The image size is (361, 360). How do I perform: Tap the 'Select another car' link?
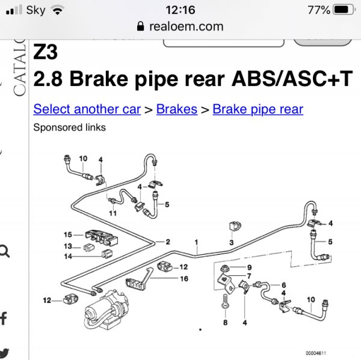87,109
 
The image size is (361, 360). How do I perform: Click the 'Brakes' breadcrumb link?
176,109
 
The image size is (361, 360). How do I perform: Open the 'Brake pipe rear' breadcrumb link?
258,109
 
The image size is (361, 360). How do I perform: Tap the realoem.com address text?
187,26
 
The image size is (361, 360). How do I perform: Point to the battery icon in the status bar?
344,10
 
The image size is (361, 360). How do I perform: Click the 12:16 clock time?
180,10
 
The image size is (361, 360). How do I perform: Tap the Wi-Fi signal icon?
57,10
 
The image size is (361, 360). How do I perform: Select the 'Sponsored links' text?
69,127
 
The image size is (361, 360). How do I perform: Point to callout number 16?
184,278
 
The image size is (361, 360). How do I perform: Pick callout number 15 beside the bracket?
68,234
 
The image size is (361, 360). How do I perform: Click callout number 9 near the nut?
249,267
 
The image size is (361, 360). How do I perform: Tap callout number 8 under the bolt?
225,323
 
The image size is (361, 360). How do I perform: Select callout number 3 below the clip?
231,242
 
